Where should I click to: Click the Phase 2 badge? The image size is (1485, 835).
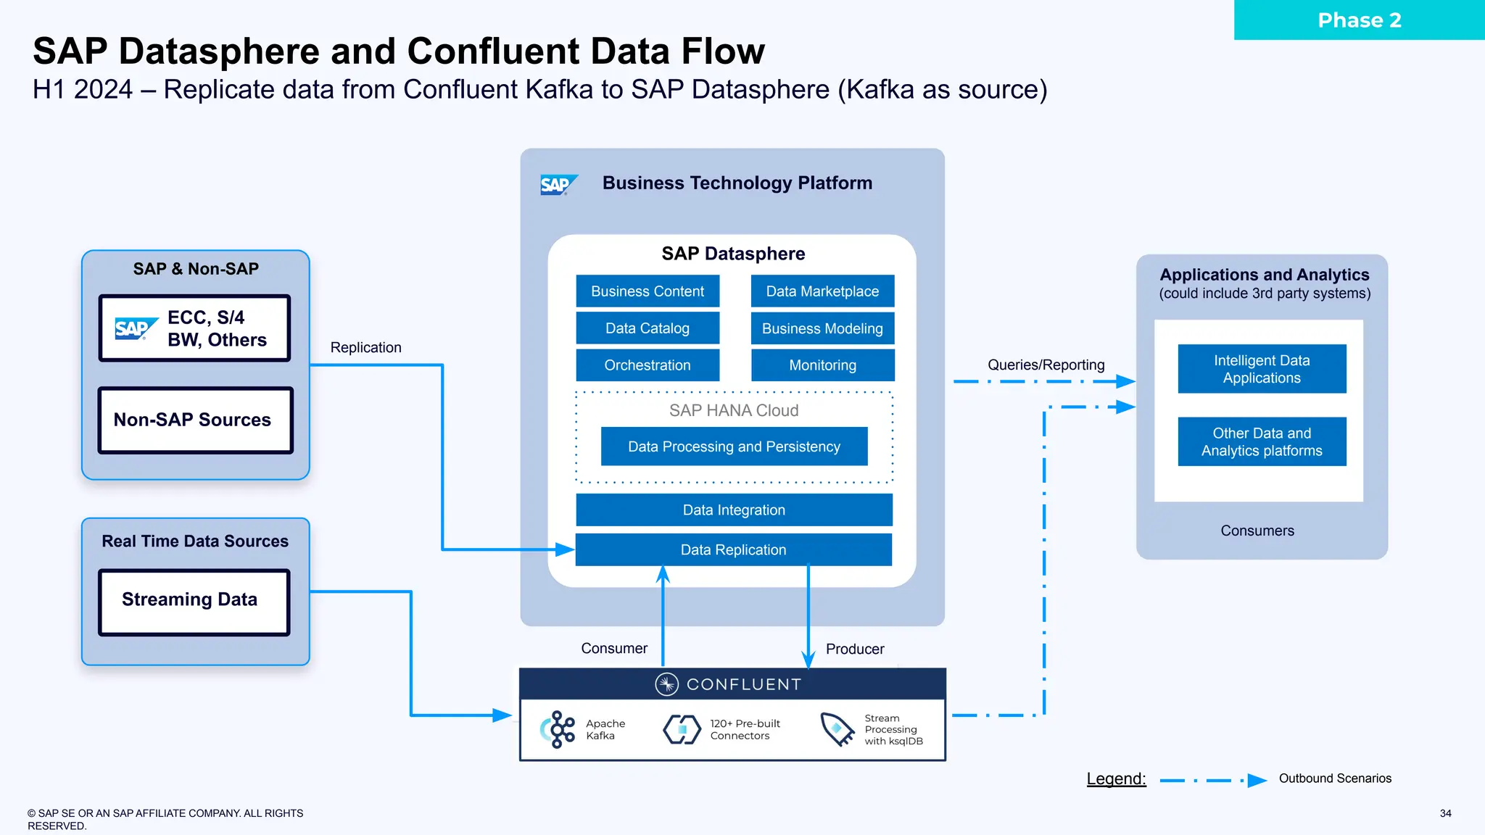click(x=1359, y=20)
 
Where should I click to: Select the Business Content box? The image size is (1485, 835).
click(x=648, y=291)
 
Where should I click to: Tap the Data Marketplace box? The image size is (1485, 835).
click(x=822, y=291)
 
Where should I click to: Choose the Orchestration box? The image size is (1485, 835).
click(x=648, y=365)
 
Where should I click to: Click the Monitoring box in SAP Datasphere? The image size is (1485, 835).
click(x=822, y=365)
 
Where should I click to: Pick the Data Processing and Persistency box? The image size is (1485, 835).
click(x=734, y=446)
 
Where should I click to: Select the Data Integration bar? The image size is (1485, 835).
click(x=734, y=510)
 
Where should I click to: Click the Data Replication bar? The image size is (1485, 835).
click(x=733, y=550)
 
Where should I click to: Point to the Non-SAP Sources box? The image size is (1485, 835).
click(x=195, y=420)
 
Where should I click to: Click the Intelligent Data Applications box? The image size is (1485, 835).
click(x=1262, y=369)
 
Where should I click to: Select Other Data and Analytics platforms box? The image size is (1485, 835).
click(x=1262, y=441)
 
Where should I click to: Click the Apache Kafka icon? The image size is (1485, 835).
click(x=558, y=729)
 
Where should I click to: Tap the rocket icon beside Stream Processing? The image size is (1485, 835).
click(x=837, y=728)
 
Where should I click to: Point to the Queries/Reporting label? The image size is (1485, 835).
click(x=1046, y=365)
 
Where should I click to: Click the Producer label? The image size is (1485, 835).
click(x=854, y=649)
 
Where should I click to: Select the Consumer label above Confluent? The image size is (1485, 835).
click(x=613, y=648)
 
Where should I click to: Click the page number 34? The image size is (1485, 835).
click(x=1445, y=813)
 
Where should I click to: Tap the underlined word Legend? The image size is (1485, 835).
click(x=1116, y=778)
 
